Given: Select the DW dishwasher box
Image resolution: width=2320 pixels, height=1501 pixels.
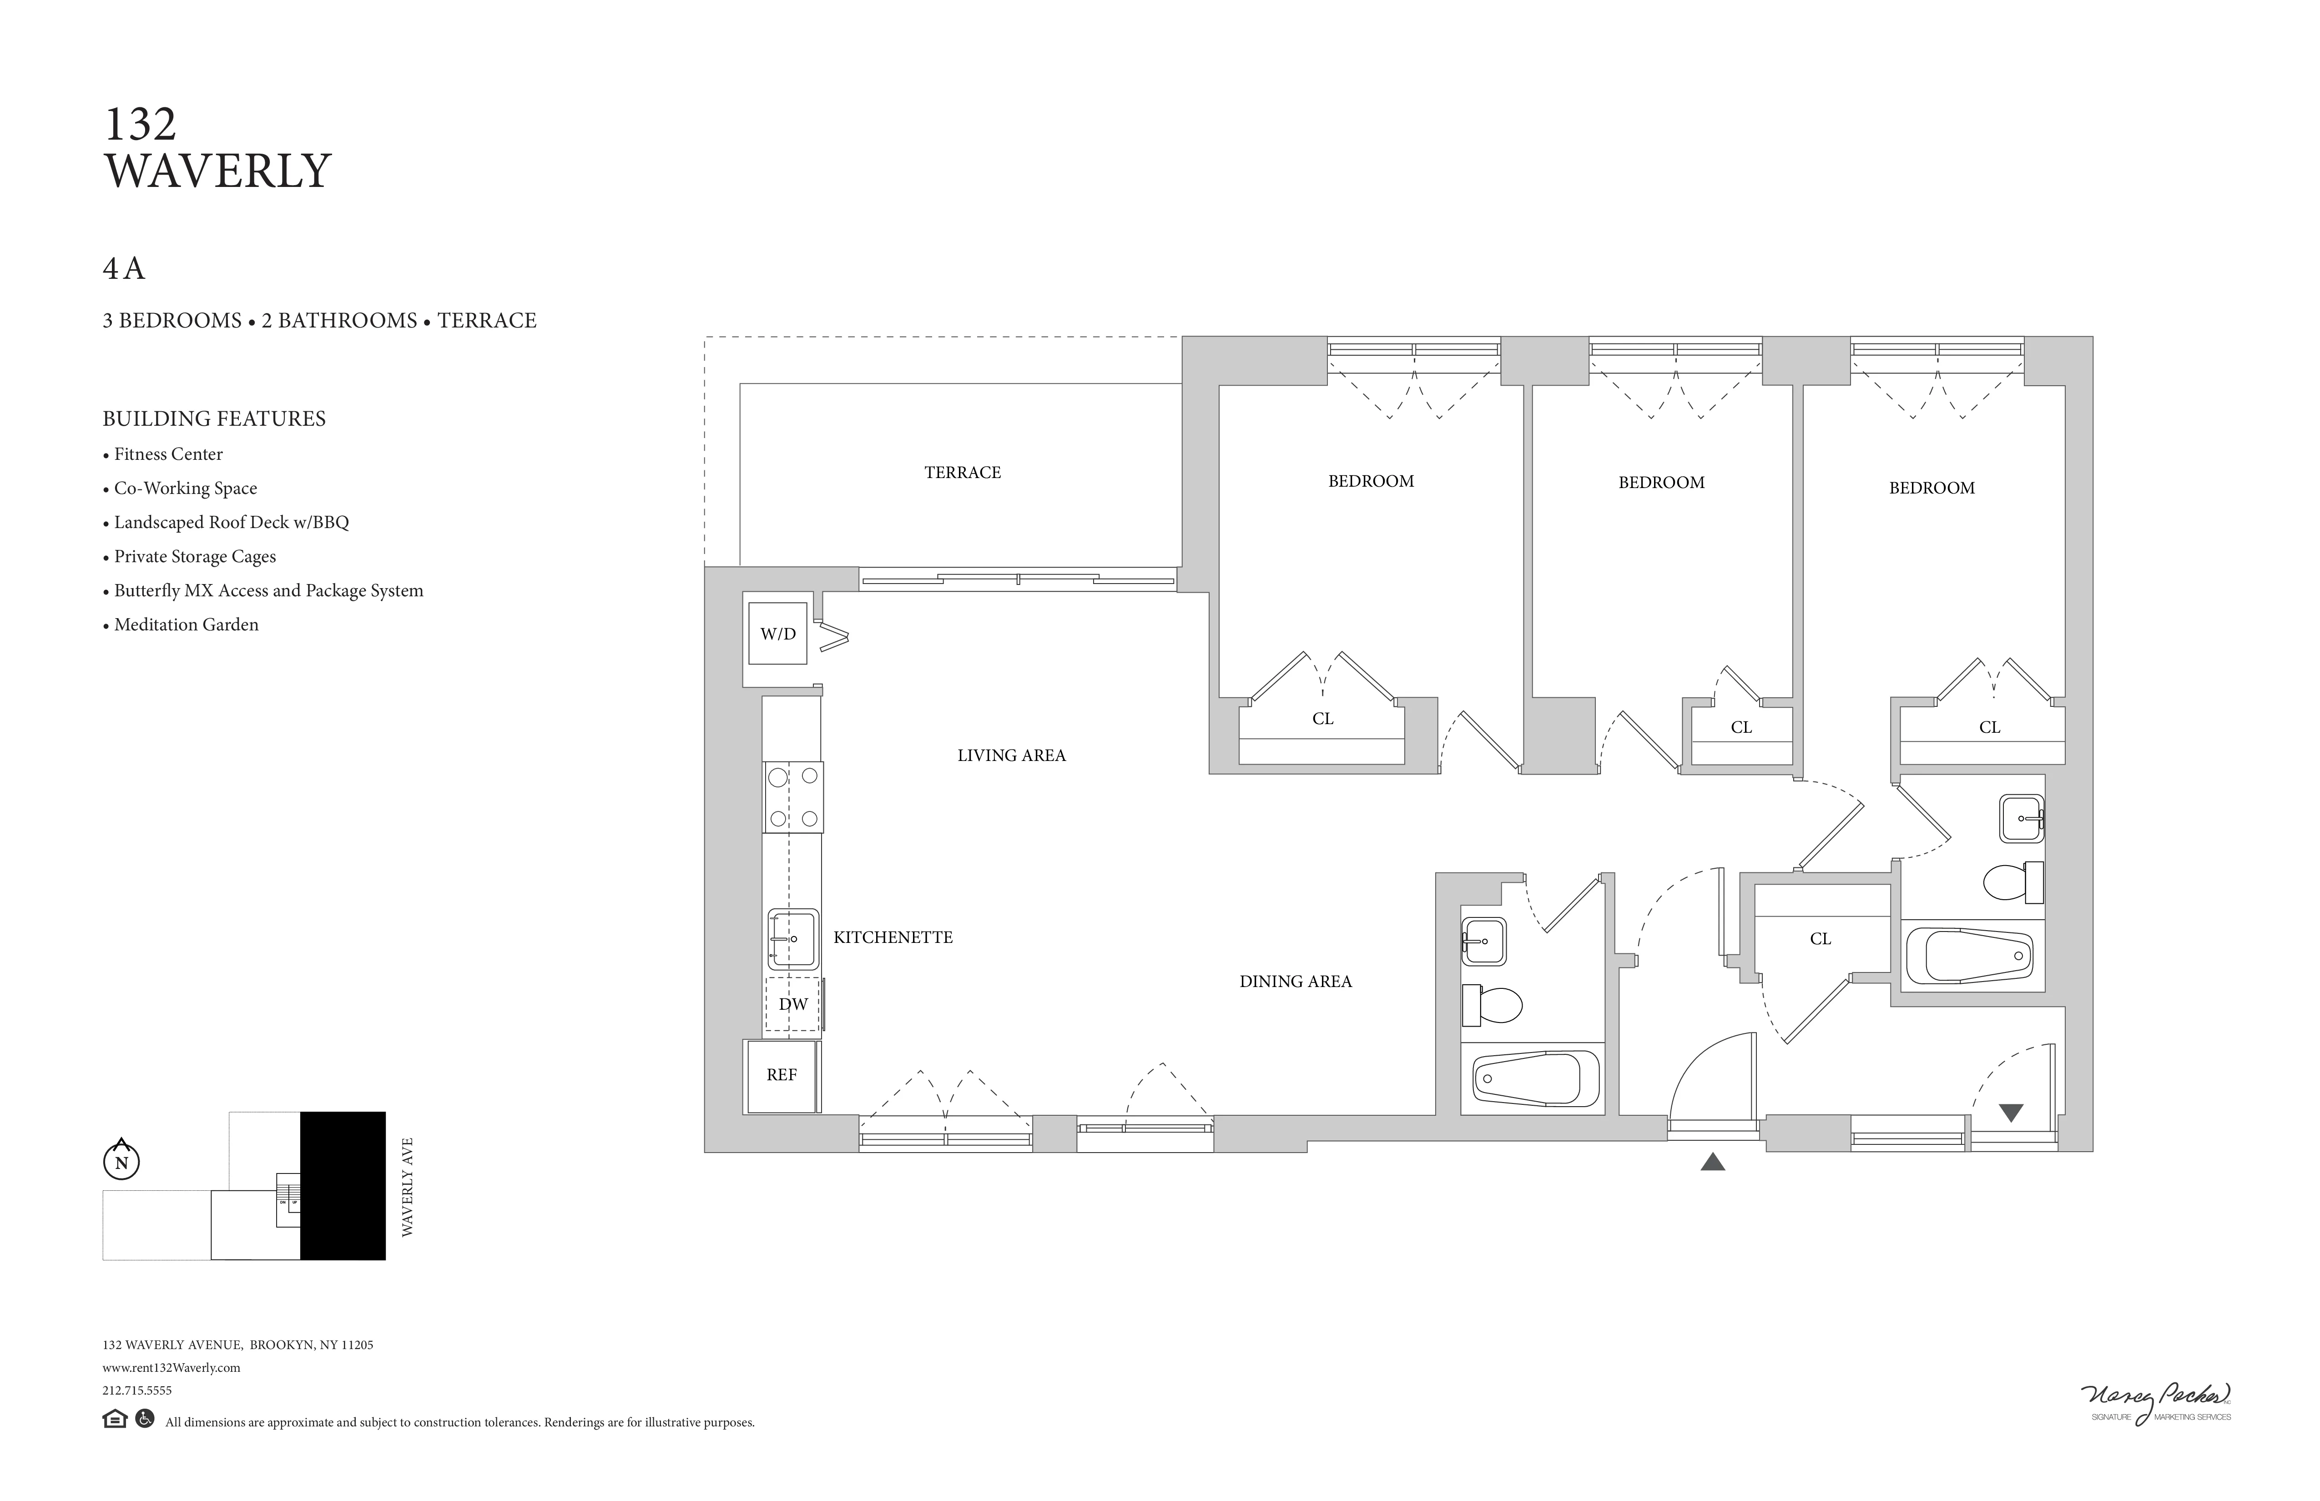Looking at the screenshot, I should (x=792, y=1004).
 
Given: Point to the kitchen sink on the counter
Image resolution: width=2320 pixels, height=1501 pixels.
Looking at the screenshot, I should (x=792, y=939).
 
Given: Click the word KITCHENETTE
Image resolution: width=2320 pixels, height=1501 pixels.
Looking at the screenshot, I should (x=893, y=937).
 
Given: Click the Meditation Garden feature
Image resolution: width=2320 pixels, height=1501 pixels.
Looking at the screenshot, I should (x=185, y=625).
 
